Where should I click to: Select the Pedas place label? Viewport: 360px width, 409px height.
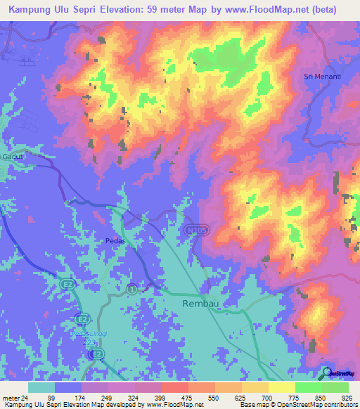[x=114, y=240]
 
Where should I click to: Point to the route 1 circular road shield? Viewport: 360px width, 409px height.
[x=131, y=288]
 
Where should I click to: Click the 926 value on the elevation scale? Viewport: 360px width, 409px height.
[x=346, y=397]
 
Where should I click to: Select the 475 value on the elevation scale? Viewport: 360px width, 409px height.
[x=188, y=397]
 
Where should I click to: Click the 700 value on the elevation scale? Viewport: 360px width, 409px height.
[x=266, y=397]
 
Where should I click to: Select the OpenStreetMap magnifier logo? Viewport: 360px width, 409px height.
[x=326, y=372]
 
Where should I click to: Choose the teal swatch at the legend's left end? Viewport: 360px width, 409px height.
[x=41, y=387]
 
